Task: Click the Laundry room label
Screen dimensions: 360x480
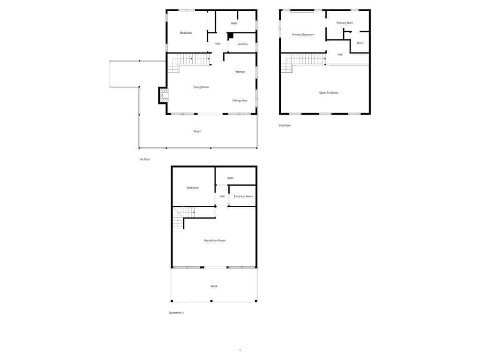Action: [x=242, y=44]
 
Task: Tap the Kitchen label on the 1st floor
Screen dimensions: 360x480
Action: [x=240, y=72]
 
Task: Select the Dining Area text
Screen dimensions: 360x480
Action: [x=240, y=100]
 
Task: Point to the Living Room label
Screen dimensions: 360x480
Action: [x=201, y=87]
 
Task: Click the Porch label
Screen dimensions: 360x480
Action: [x=197, y=131]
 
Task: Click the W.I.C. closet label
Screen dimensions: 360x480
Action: [x=360, y=43]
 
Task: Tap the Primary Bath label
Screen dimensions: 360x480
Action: [x=345, y=23]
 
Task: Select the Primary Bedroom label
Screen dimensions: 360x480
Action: [x=303, y=35]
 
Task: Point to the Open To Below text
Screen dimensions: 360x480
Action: [x=329, y=93]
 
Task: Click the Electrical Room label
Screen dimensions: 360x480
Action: [x=243, y=196]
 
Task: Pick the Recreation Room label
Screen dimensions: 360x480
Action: [x=214, y=240]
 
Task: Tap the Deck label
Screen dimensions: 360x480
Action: [x=214, y=286]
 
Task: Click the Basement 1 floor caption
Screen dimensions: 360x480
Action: [x=176, y=313]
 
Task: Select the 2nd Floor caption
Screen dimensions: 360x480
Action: [x=285, y=126]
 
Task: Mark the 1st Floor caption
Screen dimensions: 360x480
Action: [x=144, y=159]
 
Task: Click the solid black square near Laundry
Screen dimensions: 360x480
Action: [x=230, y=35]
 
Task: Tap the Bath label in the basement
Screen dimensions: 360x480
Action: [x=230, y=178]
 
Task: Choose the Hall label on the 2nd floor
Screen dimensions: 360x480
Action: [x=340, y=54]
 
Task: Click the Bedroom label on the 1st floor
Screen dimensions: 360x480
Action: [x=186, y=33]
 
